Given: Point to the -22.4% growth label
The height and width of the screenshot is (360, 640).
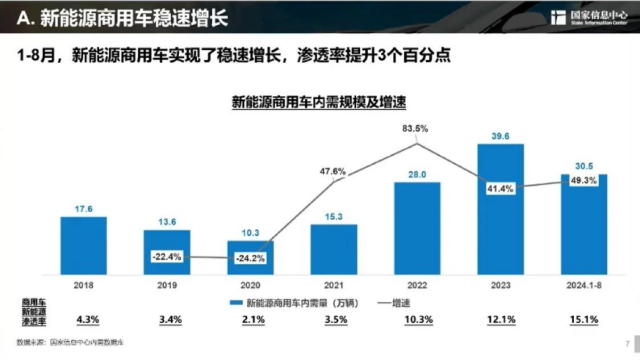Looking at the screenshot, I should (x=167, y=257).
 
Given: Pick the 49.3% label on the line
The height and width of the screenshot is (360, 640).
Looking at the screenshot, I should (x=584, y=180).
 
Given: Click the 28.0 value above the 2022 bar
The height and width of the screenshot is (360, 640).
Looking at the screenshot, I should (x=417, y=173).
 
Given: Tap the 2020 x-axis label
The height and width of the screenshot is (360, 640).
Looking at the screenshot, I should (x=250, y=285).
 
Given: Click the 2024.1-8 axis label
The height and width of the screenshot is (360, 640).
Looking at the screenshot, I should (x=583, y=285).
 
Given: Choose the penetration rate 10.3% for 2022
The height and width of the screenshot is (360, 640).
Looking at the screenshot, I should (x=417, y=320).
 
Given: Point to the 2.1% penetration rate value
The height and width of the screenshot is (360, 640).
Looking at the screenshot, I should (x=250, y=320).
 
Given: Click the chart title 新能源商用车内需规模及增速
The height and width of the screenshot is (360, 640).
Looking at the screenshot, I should (x=319, y=102).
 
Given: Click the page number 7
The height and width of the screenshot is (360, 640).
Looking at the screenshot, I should (x=627, y=342).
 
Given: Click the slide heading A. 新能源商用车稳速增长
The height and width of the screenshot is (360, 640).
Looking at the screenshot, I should (x=123, y=19).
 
